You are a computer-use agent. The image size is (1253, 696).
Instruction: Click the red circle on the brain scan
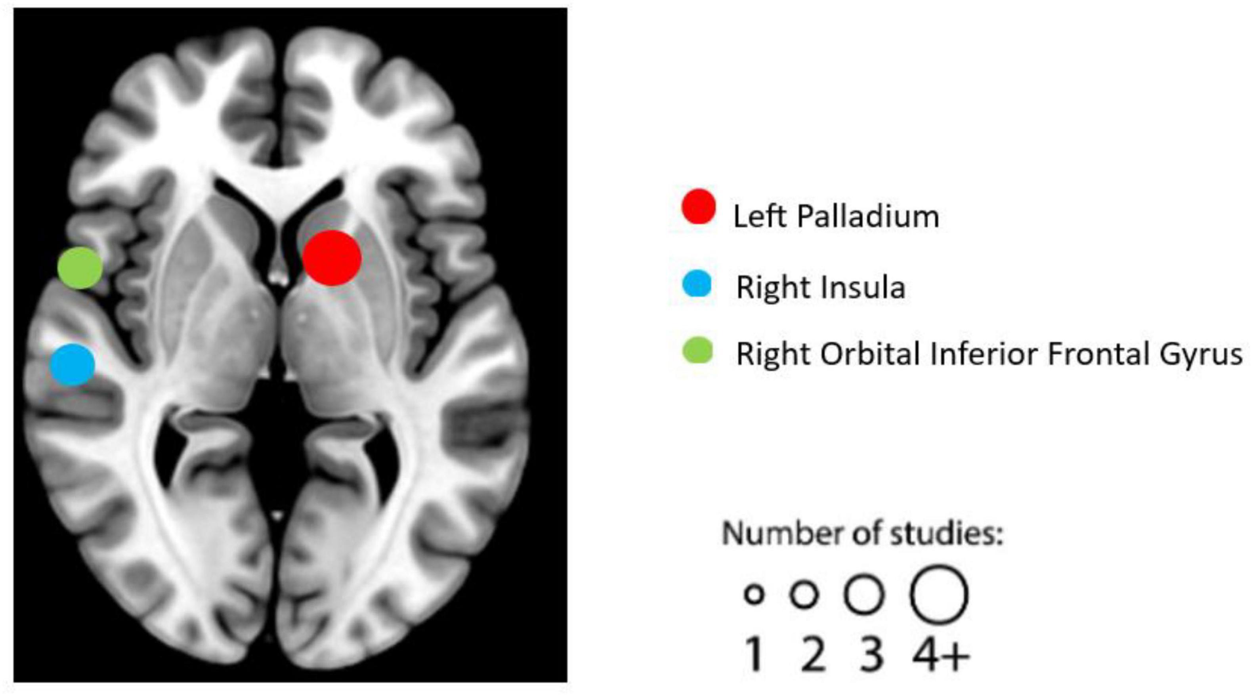click(332, 257)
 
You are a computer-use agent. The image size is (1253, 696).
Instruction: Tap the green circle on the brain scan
click(80, 267)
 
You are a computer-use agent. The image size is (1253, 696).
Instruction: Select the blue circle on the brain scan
click(73, 365)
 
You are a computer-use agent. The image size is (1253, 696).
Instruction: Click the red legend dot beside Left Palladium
click(699, 207)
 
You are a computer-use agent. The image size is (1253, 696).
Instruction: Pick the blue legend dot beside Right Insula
click(697, 284)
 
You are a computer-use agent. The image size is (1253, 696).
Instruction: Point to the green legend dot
click(697, 350)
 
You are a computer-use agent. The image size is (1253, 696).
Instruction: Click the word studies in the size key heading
click(946, 534)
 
